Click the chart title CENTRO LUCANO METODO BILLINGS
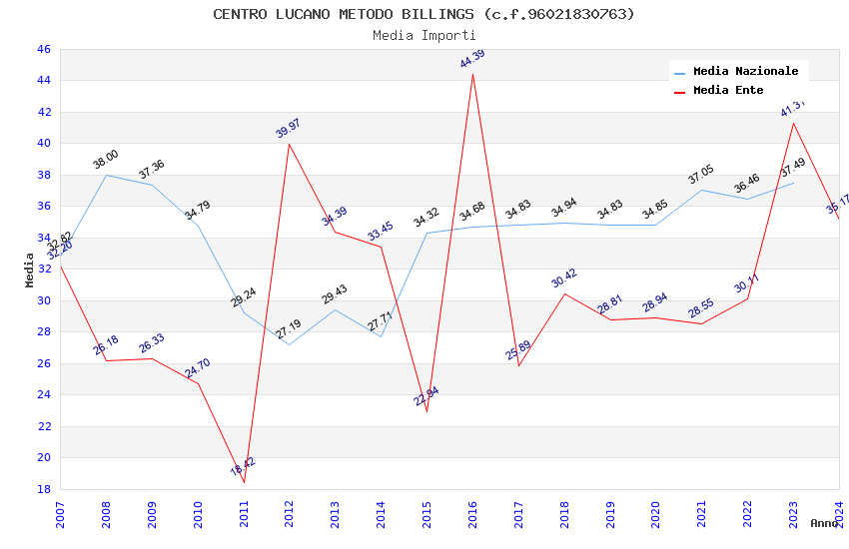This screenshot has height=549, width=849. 424,14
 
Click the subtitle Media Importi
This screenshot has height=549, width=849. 424,35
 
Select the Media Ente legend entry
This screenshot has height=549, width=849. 728,91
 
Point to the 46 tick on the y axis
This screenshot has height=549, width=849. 43,49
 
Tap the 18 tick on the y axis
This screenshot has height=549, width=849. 43,489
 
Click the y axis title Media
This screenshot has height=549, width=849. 30,270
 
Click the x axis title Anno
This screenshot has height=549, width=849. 824,523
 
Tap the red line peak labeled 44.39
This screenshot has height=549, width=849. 472,75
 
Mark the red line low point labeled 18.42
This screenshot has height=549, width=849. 244,482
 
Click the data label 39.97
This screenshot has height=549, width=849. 288,128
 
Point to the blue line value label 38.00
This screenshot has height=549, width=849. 106,159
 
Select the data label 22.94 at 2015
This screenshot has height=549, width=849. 426,396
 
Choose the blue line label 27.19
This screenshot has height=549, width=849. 289,328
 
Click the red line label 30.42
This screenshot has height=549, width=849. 564,277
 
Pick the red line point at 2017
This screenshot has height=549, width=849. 518,365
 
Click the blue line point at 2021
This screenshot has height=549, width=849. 701,190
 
